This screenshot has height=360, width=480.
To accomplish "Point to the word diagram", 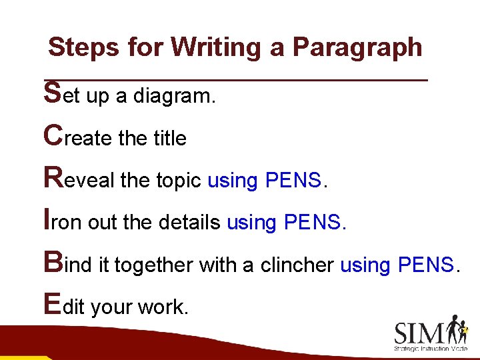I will tap(174, 97).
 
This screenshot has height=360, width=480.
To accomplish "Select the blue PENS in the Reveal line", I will tap(293, 180).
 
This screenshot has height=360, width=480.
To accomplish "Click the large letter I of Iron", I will tap(46, 219).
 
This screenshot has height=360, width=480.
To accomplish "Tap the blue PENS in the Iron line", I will tap(312, 223).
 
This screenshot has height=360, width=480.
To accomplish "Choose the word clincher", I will tap(297, 265).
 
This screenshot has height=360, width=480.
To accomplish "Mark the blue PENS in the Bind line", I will tap(425, 265).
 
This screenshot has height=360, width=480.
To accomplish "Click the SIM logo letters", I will tap(420, 332).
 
